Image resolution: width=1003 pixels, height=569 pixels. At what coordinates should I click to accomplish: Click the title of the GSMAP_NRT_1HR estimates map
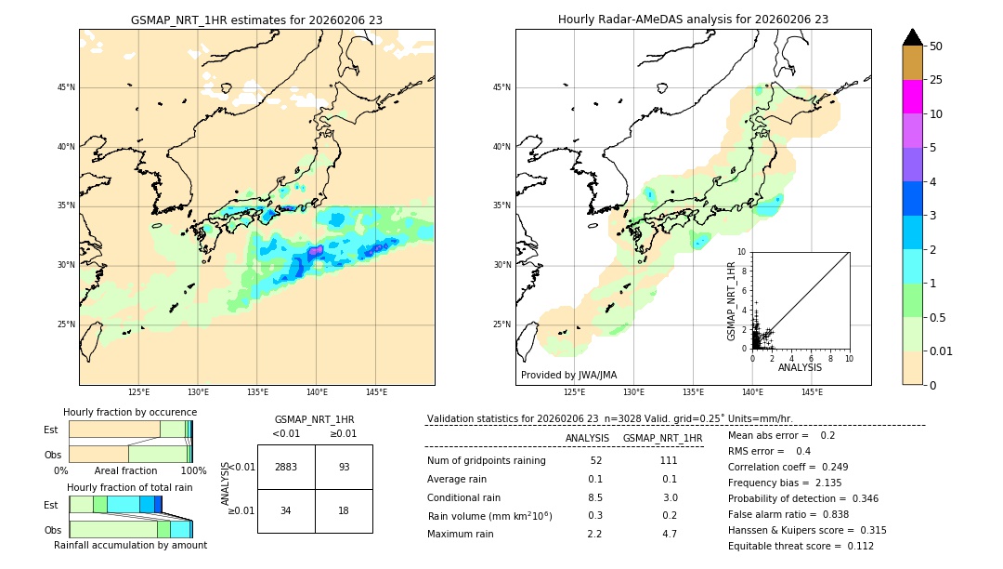[256, 20]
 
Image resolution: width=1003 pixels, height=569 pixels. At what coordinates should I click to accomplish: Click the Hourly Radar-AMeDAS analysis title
[693, 20]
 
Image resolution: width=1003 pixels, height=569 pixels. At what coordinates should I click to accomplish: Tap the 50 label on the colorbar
[936, 46]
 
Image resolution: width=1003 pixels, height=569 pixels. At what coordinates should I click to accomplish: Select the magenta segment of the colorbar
[912, 97]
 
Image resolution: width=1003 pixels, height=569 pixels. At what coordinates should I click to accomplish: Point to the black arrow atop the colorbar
[912, 37]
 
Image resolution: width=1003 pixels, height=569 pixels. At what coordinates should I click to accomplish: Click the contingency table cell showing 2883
[286, 467]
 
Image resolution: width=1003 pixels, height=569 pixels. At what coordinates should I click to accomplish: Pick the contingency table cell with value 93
[344, 467]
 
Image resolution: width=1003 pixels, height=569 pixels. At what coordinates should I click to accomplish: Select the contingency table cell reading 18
[344, 510]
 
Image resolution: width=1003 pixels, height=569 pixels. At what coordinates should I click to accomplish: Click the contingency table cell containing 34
[286, 510]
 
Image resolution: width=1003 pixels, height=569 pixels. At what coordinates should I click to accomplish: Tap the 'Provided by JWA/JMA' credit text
[568, 375]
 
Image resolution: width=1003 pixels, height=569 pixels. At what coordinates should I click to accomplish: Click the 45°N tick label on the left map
[66, 87]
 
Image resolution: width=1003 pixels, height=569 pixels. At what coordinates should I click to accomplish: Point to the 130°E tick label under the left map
[198, 392]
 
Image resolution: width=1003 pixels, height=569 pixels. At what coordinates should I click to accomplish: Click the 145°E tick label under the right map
[812, 392]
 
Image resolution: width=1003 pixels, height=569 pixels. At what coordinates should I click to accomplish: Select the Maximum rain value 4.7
[669, 534]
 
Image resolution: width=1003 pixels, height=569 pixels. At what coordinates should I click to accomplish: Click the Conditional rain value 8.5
[595, 497]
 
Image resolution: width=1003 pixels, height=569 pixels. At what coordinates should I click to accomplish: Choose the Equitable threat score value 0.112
[853, 546]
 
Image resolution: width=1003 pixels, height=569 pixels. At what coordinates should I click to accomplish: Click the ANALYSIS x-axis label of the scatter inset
[800, 367]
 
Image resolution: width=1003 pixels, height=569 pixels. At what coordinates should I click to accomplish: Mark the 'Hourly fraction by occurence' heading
[130, 412]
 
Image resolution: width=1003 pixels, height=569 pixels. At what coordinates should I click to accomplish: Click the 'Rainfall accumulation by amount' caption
[130, 545]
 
